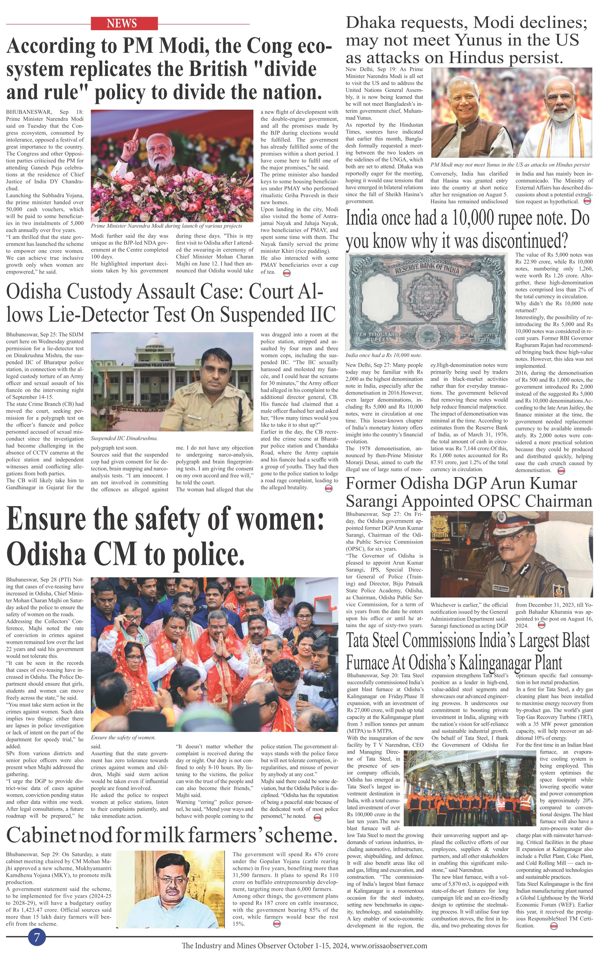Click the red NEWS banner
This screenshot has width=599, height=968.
(124, 23)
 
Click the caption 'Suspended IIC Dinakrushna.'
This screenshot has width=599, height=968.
(124, 438)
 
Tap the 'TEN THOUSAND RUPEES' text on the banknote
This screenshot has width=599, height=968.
(377, 337)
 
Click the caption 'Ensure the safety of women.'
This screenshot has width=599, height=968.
(123, 738)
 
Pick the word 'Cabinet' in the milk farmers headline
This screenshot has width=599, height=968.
(41, 835)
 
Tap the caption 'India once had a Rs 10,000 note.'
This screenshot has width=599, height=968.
(383, 356)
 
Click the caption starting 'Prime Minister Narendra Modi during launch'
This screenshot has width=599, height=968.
(166, 226)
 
